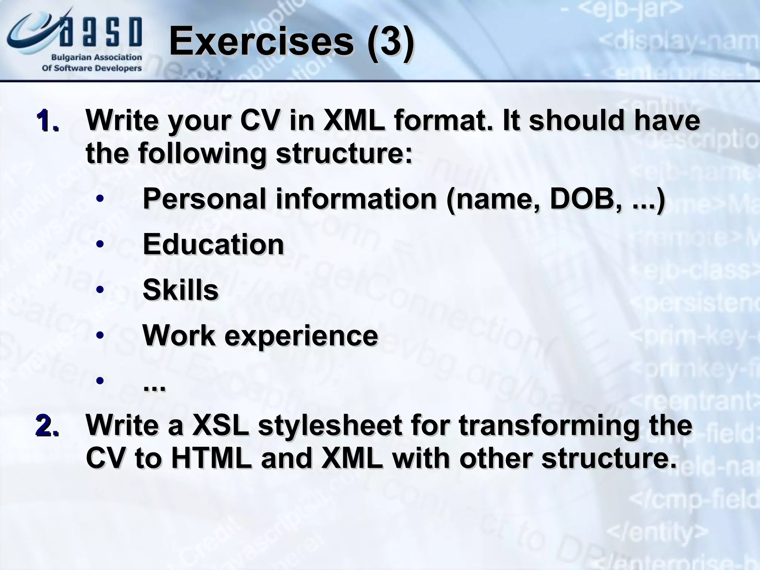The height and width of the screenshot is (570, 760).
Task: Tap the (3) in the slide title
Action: (390, 42)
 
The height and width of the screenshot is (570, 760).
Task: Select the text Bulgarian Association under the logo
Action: (96, 58)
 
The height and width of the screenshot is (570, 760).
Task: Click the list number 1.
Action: (47, 121)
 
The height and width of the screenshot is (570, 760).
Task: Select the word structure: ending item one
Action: (344, 153)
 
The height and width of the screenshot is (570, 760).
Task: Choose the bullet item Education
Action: (213, 245)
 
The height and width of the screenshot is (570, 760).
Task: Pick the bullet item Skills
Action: (181, 290)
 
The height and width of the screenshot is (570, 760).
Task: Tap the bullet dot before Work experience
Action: (99, 335)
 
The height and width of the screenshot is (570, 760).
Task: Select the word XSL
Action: (220, 426)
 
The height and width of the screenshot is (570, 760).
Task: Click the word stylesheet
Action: (330, 426)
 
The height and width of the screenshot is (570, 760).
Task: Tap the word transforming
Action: (549, 426)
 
